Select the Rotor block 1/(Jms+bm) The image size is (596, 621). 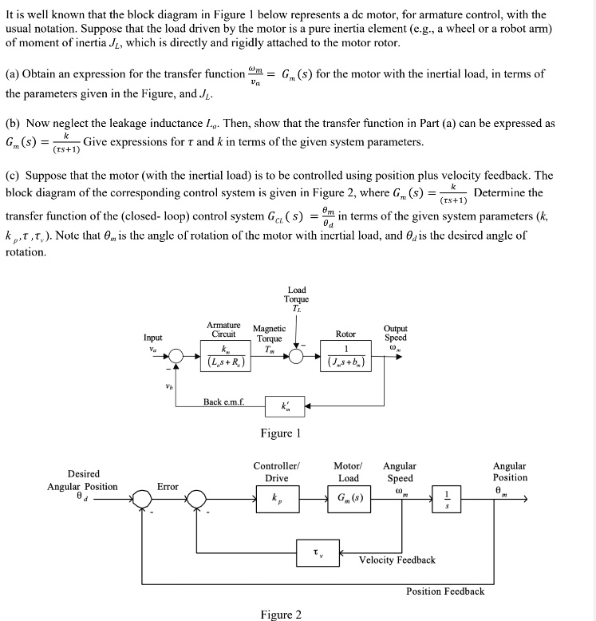click(x=345, y=356)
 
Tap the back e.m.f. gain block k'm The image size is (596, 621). click(x=285, y=405)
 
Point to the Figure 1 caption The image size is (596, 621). click(x=280, y=433)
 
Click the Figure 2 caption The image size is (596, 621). click(x=281, y=614)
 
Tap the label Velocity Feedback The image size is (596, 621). click(x=397, y=560)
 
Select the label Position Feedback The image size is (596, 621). click(x=444, y=591)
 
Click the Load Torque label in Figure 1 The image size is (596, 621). click(x=296, y=299)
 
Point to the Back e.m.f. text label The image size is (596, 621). click(x=224, y=401)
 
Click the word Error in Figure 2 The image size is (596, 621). click(x=168, y=486)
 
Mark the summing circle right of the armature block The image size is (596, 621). click(x=295, y=357)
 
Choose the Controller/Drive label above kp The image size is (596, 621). click(x=276, y=472)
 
